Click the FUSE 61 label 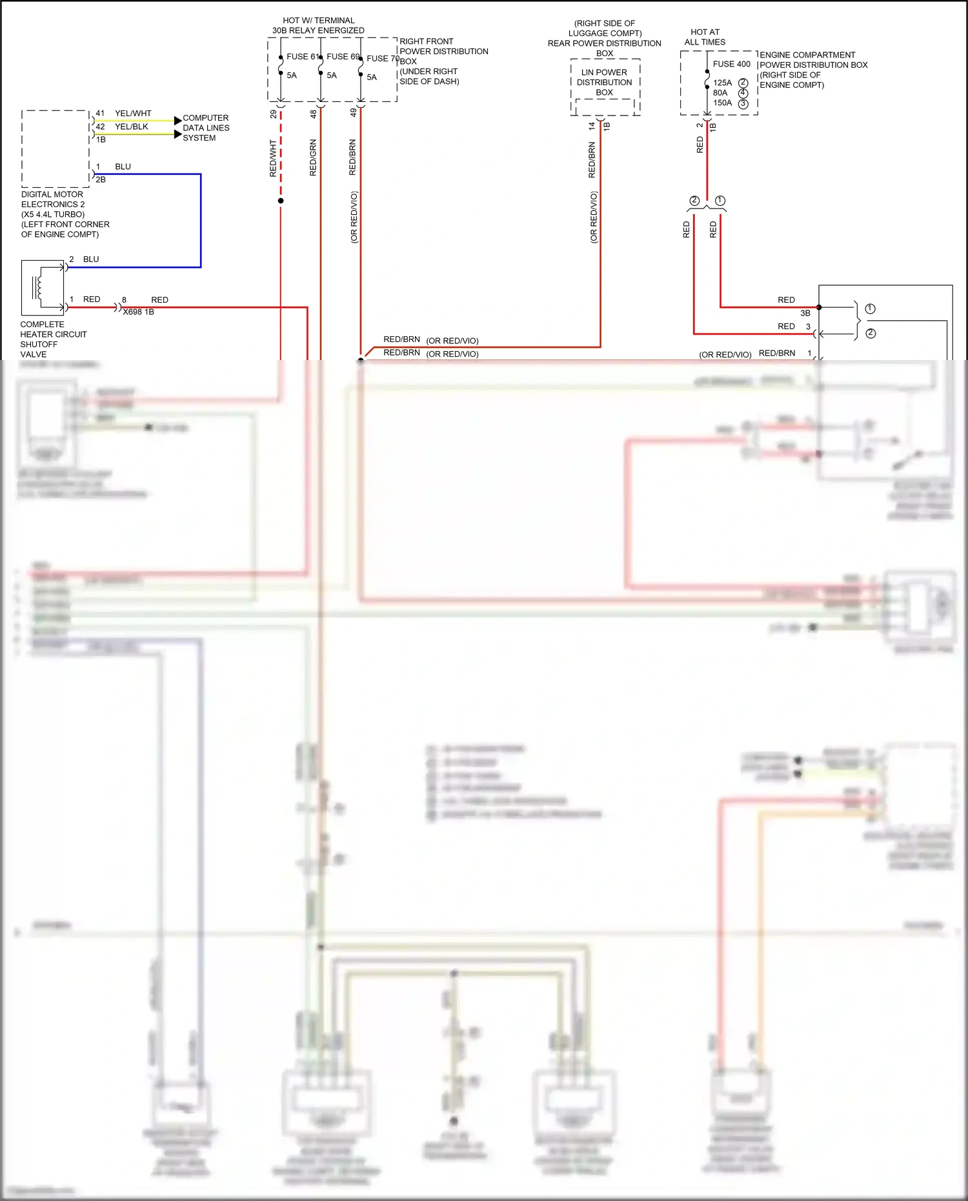point(302,57)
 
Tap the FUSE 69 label point(342,57)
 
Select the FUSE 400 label point(731,64)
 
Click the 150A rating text point(722,103)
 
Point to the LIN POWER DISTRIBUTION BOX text point(604,82)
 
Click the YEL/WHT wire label point(133,113)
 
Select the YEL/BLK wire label point(132,126)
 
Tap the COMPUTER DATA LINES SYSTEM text point(206,128)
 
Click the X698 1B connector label point(138,312)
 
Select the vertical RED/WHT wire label point(273,158)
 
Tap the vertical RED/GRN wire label point(313,157)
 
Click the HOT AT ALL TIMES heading point(705,37)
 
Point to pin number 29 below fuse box point(274,114)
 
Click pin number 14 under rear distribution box point(592,126)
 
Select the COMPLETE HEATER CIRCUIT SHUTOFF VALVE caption point(53,339)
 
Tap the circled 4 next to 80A point(743,93)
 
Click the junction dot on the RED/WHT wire point(281,201)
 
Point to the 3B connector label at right point(805,313)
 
